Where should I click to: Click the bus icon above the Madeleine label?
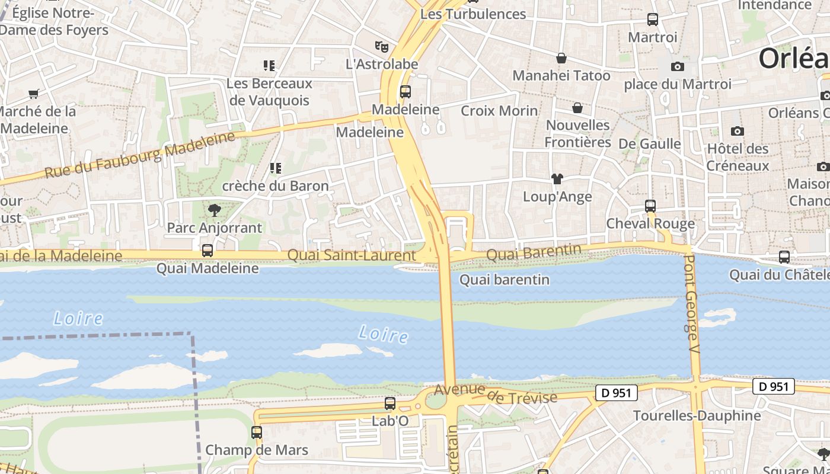point(406,92)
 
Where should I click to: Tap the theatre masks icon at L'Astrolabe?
point(381,46)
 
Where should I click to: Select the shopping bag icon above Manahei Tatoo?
point(561,58)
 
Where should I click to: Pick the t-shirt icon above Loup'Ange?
point(557,178)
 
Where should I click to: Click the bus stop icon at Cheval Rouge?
point(650,206)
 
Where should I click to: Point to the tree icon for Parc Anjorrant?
point(213,209)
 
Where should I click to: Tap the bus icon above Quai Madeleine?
point(207,251)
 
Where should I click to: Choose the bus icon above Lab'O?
point(390,403)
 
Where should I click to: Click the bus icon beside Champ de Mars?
point(257,433)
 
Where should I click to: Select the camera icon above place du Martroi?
point(678,66)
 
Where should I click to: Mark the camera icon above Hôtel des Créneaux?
point(738,131)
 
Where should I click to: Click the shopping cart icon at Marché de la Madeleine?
point(33,94)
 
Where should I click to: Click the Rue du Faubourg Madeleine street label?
point(140,155)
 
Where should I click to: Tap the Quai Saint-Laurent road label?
point(352,255)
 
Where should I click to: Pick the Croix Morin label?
point(499,111)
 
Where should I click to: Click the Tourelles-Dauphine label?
point(697,415)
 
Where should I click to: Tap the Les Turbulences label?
point(473,14)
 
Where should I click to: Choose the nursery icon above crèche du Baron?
point(275,168)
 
